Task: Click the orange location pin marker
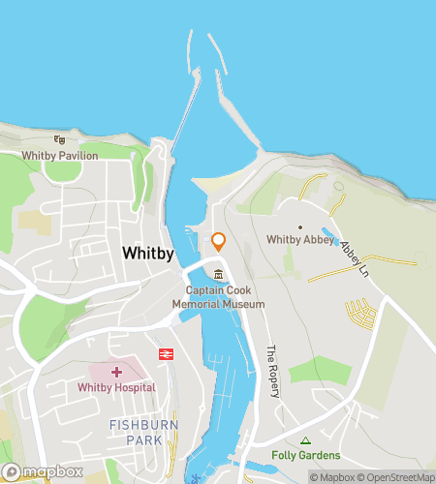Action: pyautogui.click(x=218, y=242)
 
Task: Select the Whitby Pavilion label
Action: pyautogui.click(x=61, y=155)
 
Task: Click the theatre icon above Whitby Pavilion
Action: pyautogui.click(x=60, y=140)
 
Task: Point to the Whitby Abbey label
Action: pyautogui.click(x=299, y=240)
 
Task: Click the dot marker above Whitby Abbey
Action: pyautogui.click(x=299, y=227)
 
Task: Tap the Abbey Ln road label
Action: pyautogui.click(x=354, y=254)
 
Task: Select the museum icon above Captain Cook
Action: pyautogui.click(x=219, y=274)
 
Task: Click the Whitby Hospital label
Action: pyautogui.click(x=117, y=387)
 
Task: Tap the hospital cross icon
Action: pyautogui.click(x=117, y=372)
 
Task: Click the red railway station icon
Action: pyautogui.click(x=166, y=354)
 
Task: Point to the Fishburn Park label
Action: pyautogui.click(x=142, y=433)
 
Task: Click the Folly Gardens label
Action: pyautogui.click(x=306, y=455)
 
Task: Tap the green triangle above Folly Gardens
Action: pyautogui.click(x=306, y=440)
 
